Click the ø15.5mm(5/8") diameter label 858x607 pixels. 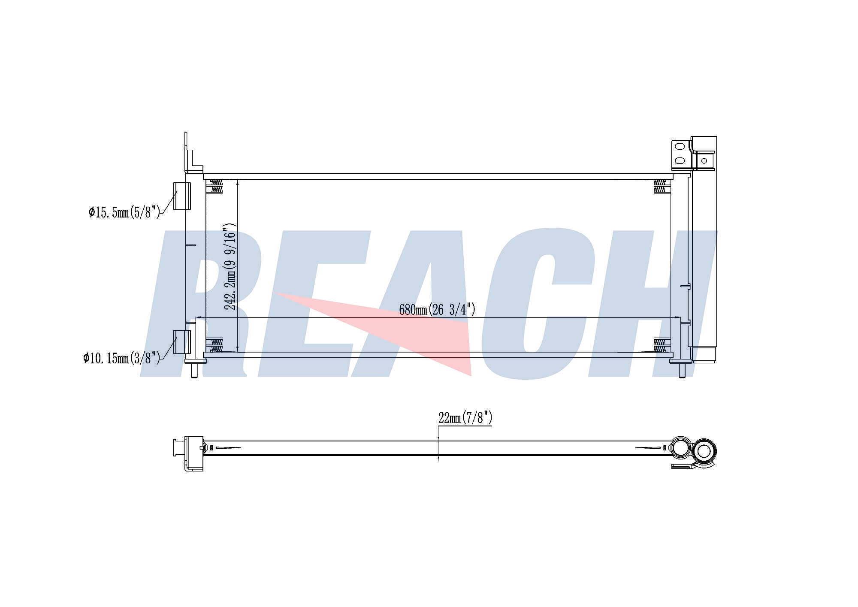(x=124, y=212)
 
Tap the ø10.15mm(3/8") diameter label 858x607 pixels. (x=121, y=358)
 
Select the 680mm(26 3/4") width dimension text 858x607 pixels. (x=437, y=309)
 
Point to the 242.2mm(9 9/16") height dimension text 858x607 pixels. (x=230, y=266)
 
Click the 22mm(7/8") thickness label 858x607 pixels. (x=465, y=417)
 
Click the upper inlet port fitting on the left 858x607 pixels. (x=182, y=196)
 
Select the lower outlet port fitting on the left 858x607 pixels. (x=182, y=342)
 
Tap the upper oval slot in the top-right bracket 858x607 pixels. (x=680, y=146)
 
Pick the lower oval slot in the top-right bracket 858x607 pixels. (x=680, y=161)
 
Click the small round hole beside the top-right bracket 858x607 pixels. (x=704, y=161)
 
